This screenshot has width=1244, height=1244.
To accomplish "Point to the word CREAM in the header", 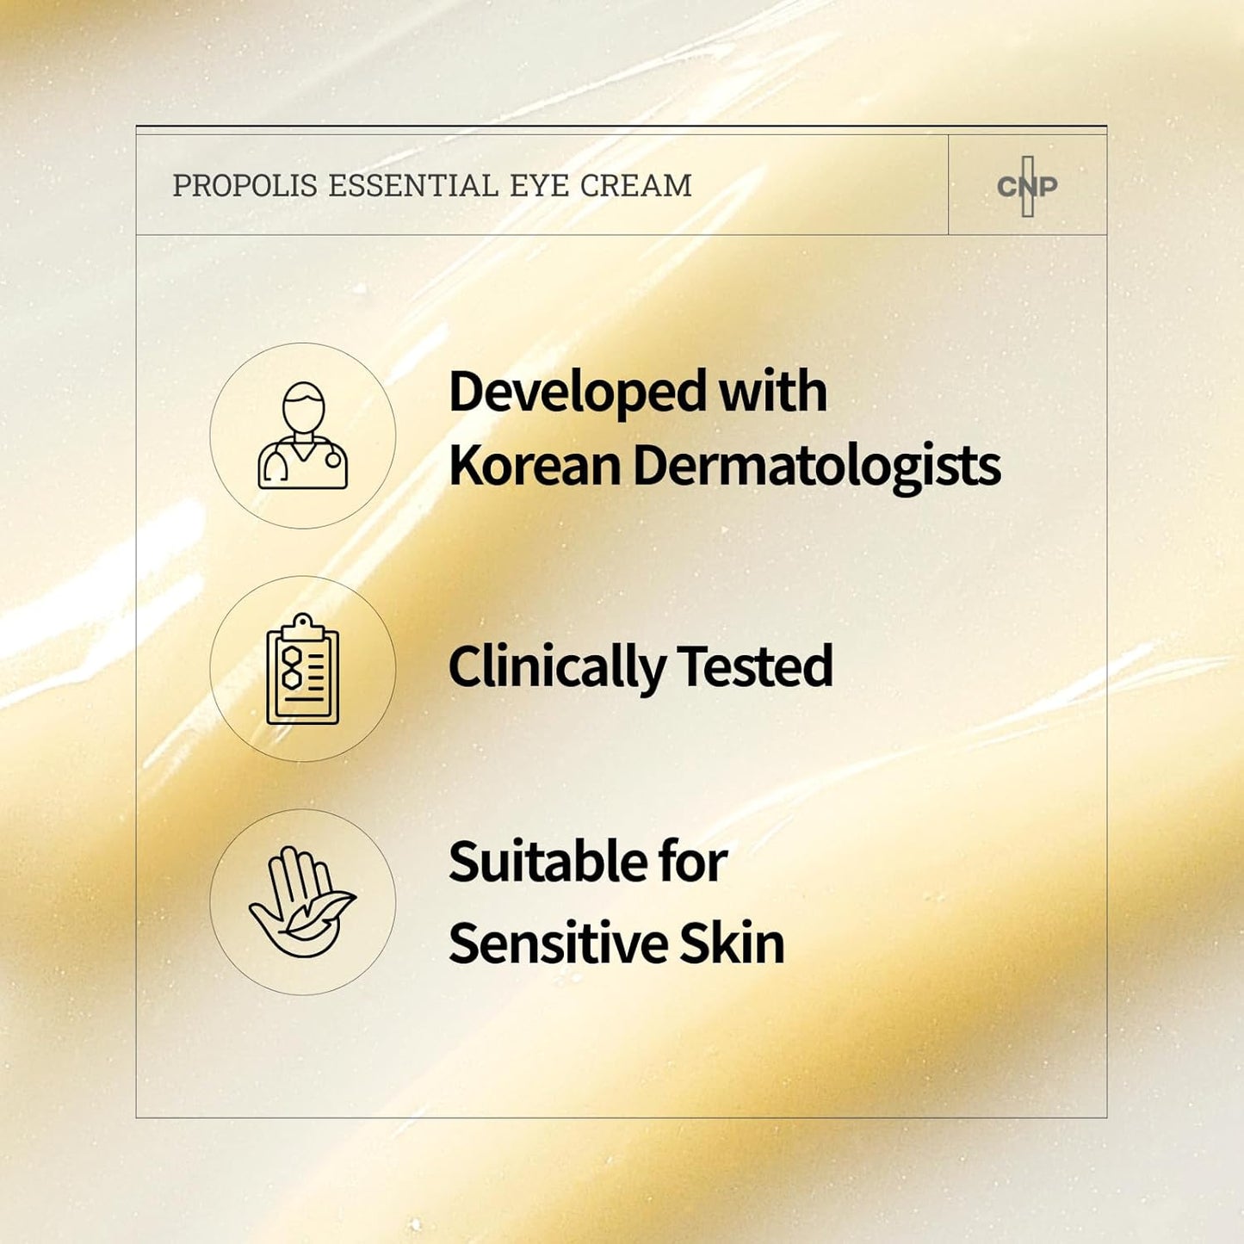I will pos(635,186).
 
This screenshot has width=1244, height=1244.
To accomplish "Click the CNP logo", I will pos(1027,186).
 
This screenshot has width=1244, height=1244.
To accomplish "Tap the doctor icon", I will pos(303,436).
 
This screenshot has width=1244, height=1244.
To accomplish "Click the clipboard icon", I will pos(303,669).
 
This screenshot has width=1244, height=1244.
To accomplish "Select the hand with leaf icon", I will pos(303,902).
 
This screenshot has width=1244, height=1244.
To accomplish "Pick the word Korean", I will pos(534,466).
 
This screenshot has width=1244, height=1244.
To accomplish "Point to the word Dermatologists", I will pos(816,467).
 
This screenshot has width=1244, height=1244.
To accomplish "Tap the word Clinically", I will pos(556,667).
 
